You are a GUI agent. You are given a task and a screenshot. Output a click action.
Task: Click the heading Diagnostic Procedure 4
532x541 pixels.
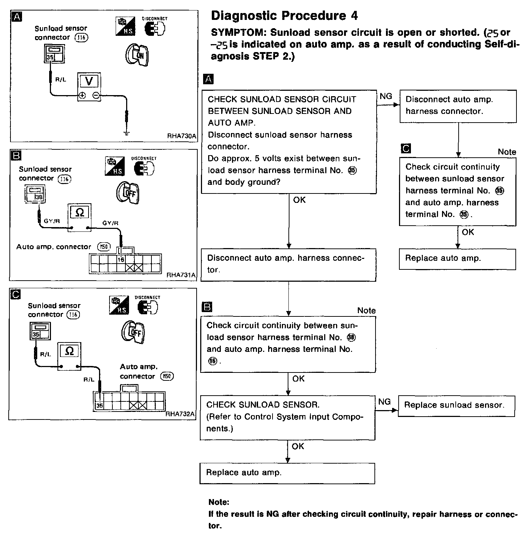284,16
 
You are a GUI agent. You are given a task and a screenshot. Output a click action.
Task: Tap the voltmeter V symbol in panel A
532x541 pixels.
89,81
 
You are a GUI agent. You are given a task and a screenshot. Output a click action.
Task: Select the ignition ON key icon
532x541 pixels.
137,54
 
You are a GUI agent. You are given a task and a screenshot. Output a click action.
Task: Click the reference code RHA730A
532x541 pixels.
181,136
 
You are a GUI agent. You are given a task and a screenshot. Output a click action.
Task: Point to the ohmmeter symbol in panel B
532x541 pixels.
80,212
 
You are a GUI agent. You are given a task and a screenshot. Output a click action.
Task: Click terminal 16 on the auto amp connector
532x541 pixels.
121,260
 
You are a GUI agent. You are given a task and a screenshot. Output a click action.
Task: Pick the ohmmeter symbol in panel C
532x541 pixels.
70,351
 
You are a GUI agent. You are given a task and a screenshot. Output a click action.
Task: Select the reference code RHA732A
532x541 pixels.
180,414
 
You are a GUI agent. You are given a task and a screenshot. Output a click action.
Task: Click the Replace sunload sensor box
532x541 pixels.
456,405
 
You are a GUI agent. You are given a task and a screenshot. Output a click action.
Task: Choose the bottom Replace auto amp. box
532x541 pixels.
287,473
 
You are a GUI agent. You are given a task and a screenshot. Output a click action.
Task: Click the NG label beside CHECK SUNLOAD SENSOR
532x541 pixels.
385,402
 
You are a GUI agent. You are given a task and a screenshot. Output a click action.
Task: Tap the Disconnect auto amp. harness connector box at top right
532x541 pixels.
458,106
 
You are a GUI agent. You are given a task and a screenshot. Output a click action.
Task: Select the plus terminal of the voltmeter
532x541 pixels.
82,95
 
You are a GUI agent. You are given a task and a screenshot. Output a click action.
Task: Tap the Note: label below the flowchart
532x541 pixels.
219,502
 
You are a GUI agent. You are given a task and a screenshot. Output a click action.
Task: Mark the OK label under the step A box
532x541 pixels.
299,200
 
